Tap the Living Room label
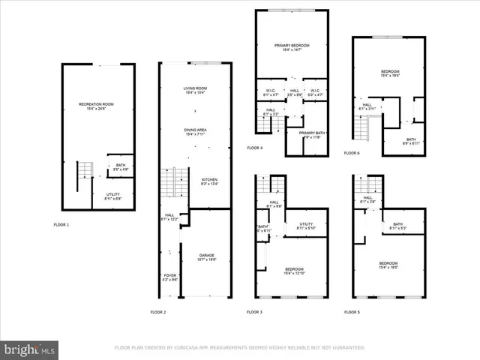point(195,91)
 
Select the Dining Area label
point(195,132)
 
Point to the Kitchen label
point(209,181)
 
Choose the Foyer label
point(170,277)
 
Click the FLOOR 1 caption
point(61,224)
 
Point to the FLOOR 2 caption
point(158,311)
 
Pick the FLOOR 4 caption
point(255,148)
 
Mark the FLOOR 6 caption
point(352,152)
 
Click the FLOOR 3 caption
point(255,311)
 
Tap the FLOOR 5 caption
point(352,311)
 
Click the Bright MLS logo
point(30,349)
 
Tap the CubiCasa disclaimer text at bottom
point(239,348)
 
